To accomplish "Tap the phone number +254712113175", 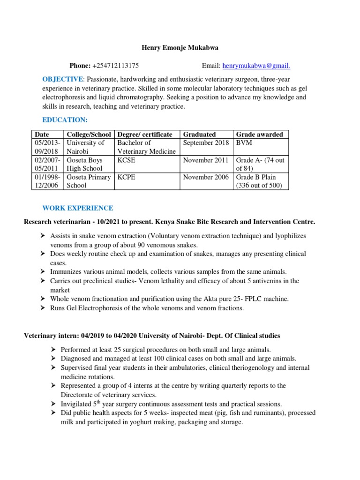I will click(115, 66).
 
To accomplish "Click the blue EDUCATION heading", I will click(65, 120).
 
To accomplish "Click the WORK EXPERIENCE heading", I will click(78, 208).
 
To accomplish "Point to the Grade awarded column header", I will click(259, 135).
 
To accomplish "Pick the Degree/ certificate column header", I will click(145, 135).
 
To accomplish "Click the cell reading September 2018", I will click(206, 143).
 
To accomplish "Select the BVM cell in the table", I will click(243, 143).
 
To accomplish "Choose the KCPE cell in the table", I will click(126, 177).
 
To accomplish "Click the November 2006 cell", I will click(206, 177).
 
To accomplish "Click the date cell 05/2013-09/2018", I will click(47, 147).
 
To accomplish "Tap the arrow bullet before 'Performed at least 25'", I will click(53, 350).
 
